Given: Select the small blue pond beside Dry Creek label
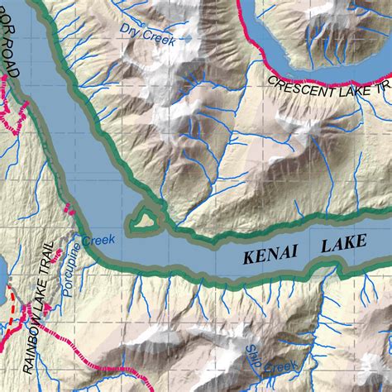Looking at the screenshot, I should click(187, 37).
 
